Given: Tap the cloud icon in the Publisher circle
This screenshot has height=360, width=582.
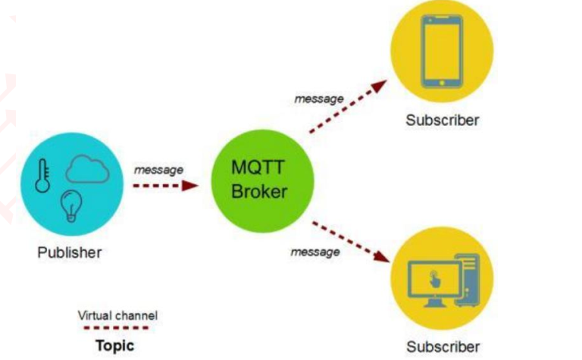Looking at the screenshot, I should pos(87,169).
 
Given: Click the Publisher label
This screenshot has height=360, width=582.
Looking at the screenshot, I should pos(69,252).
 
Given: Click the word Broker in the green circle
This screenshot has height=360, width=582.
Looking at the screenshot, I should pos(258,191).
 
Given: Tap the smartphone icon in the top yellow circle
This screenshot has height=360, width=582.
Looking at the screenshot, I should pos(441,50).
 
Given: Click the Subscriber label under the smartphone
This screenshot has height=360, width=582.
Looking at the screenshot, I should pos(442,120).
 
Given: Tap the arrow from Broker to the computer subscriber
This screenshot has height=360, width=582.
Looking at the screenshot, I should pos(349,242).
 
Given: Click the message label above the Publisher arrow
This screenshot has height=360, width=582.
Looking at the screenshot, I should pos(158,170).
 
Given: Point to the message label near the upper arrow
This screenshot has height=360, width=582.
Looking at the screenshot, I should pos(318,99).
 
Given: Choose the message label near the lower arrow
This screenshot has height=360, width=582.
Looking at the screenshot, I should pos(315,252).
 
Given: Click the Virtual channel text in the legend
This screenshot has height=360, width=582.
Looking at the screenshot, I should pos(117,315).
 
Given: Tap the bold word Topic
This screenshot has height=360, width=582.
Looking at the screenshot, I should pos(114,346).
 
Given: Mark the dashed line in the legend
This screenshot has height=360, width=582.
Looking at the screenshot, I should pos(115,328).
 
